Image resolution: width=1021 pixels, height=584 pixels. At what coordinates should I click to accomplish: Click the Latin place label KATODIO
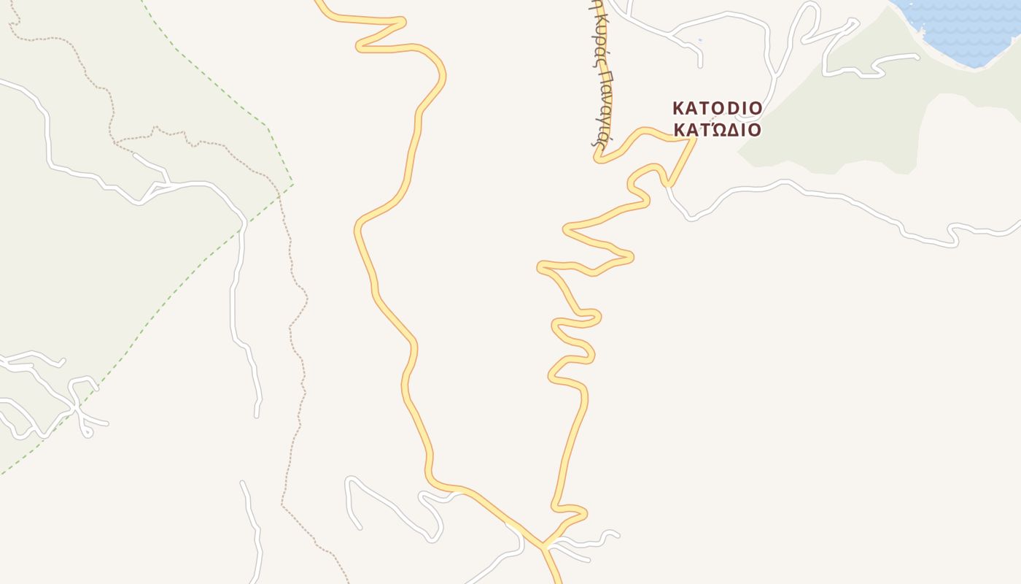[717, 109]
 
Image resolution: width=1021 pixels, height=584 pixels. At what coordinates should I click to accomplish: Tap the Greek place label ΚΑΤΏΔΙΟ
[717, 130]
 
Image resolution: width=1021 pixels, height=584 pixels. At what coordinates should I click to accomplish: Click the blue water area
[963, 29]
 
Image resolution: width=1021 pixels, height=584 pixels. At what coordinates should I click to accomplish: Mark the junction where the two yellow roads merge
[543, 545]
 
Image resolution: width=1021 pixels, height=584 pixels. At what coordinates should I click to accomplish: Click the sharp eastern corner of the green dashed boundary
[292, 183]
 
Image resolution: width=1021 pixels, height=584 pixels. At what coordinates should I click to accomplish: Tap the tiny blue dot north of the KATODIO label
[699, 40]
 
